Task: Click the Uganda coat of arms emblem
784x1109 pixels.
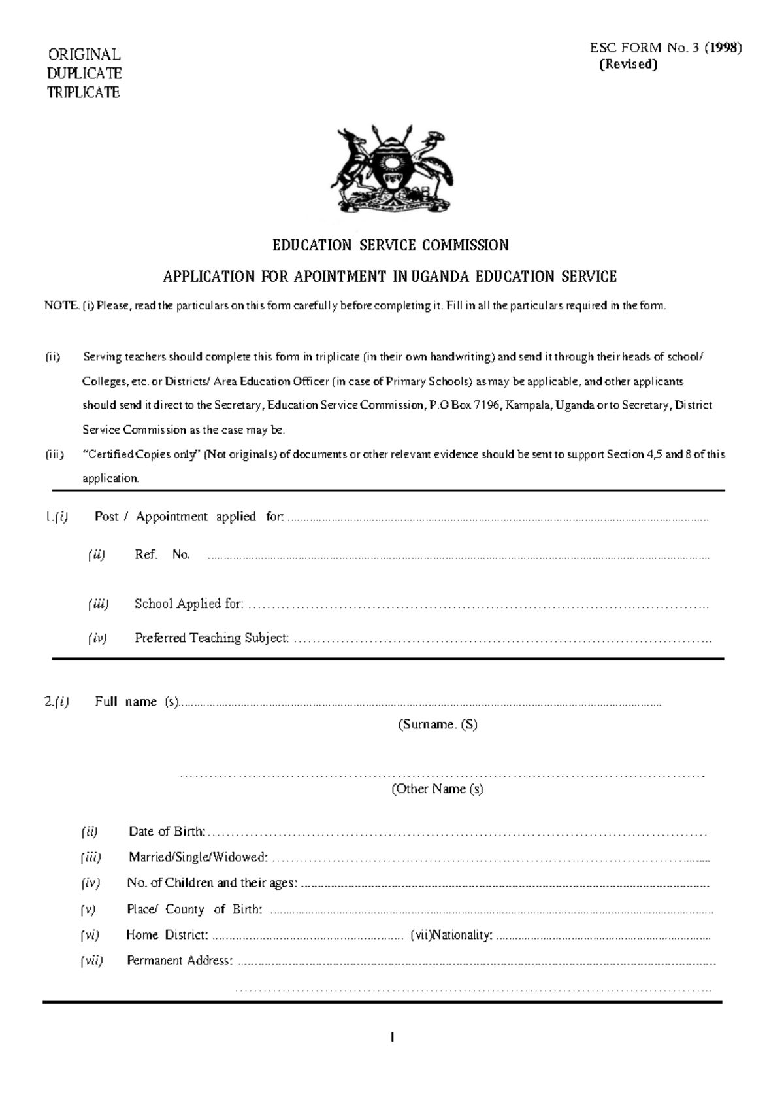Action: point(392,168)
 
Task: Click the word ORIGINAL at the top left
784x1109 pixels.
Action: point(84,54)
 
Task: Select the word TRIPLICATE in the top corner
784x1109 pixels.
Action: point(83,92)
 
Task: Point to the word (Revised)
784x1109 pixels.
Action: point(628,64)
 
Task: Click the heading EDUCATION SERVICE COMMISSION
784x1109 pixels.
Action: point(391,245)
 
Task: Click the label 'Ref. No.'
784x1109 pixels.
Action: point(162,555)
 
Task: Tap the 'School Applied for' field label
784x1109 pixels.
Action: point(189,604)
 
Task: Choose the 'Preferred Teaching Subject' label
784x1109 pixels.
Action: point(212,638)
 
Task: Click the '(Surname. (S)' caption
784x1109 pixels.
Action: point(438,725)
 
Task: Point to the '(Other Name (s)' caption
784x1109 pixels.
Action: point(437,789)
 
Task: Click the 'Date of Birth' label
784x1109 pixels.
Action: point(167,832)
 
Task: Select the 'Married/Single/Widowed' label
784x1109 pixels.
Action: point(198,857)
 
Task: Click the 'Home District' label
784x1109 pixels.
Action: point(167,935)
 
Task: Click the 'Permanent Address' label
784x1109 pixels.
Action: point(180,961)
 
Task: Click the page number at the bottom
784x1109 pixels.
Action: point(392,1037)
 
